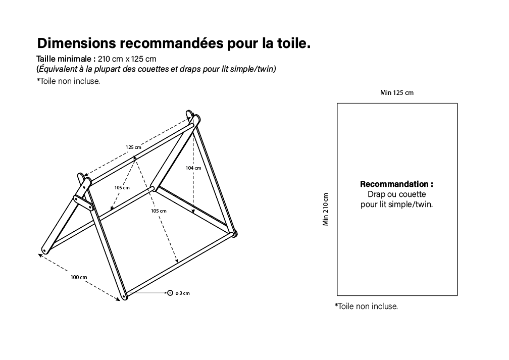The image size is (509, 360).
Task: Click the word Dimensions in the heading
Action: click(x=76, y=43)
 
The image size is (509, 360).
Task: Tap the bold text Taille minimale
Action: click(x=66, y=59)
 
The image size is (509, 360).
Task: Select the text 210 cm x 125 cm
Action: click(x=127, y=59)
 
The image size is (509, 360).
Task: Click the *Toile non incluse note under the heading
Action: click(x=68, y=81)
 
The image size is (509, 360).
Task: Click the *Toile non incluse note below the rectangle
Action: click(x=366, y=306)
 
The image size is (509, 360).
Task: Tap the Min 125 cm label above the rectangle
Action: click(x=397, y=92)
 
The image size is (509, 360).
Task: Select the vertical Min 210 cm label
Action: click(x=326, y=210)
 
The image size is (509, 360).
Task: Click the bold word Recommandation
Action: click(x=396, y=184)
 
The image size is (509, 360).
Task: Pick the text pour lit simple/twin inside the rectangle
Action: click(x=396, y=204)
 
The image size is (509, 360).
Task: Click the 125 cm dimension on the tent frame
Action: click(x=133, y=147)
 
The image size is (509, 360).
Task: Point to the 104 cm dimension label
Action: click(x=193, y=168)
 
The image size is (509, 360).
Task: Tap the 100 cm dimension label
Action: click(x=79, y=277)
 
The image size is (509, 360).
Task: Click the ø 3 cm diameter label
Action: click(x=182, y=293)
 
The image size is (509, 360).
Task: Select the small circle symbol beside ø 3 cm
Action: click(x=170, y=293)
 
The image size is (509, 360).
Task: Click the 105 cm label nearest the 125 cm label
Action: click(x=122, y=188)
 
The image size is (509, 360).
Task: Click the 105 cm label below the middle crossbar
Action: click(x=159, y=211)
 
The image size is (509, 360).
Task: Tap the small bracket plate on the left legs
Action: click(x=83, y=202)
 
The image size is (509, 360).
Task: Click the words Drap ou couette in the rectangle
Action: click(x=396, y=194)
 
